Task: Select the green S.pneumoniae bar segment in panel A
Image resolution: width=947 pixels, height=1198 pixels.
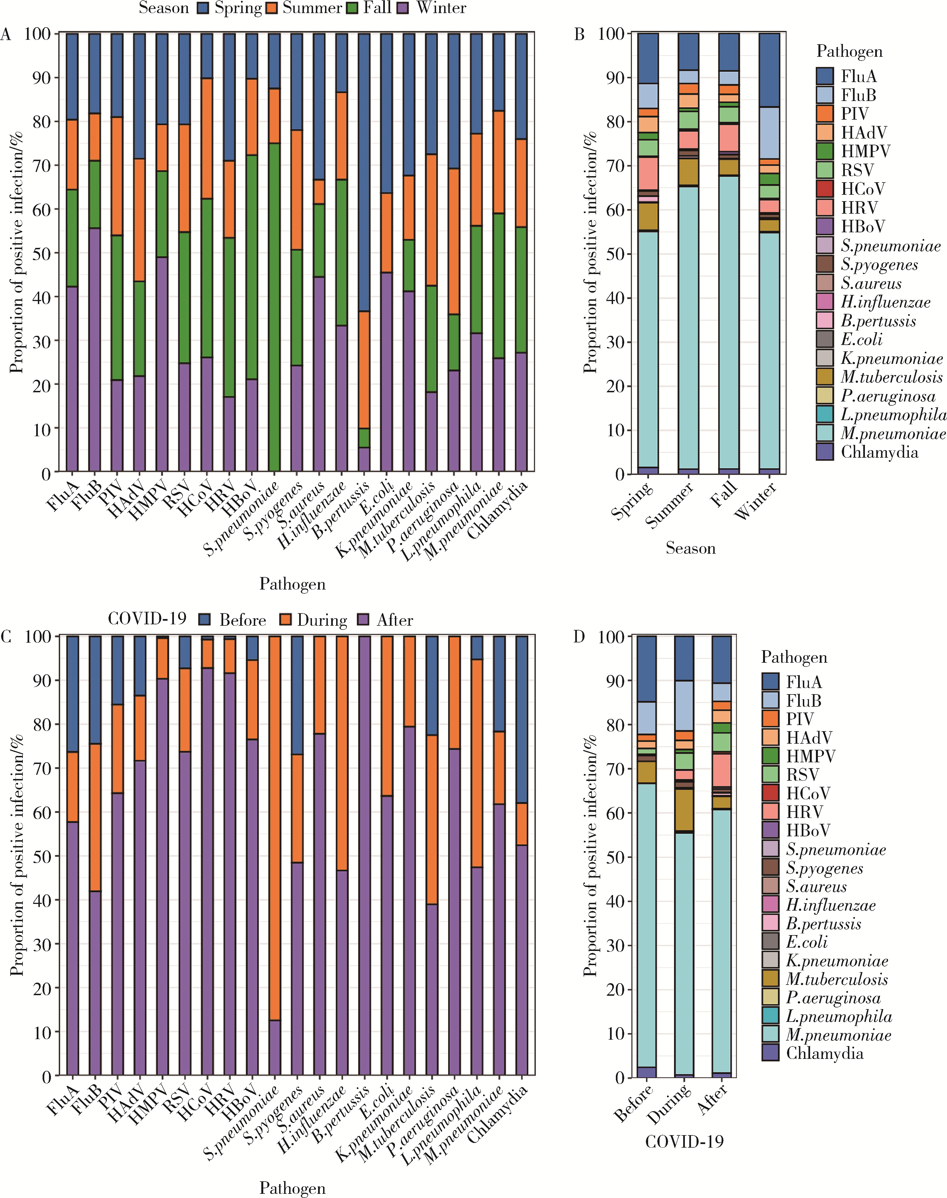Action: coord(274,308)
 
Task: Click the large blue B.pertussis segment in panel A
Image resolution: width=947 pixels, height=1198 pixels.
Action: coord(364,172)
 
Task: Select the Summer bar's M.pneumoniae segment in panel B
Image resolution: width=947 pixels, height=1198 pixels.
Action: coord(688,327)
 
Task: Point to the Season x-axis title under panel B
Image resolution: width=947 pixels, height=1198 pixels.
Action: coord(690,548)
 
